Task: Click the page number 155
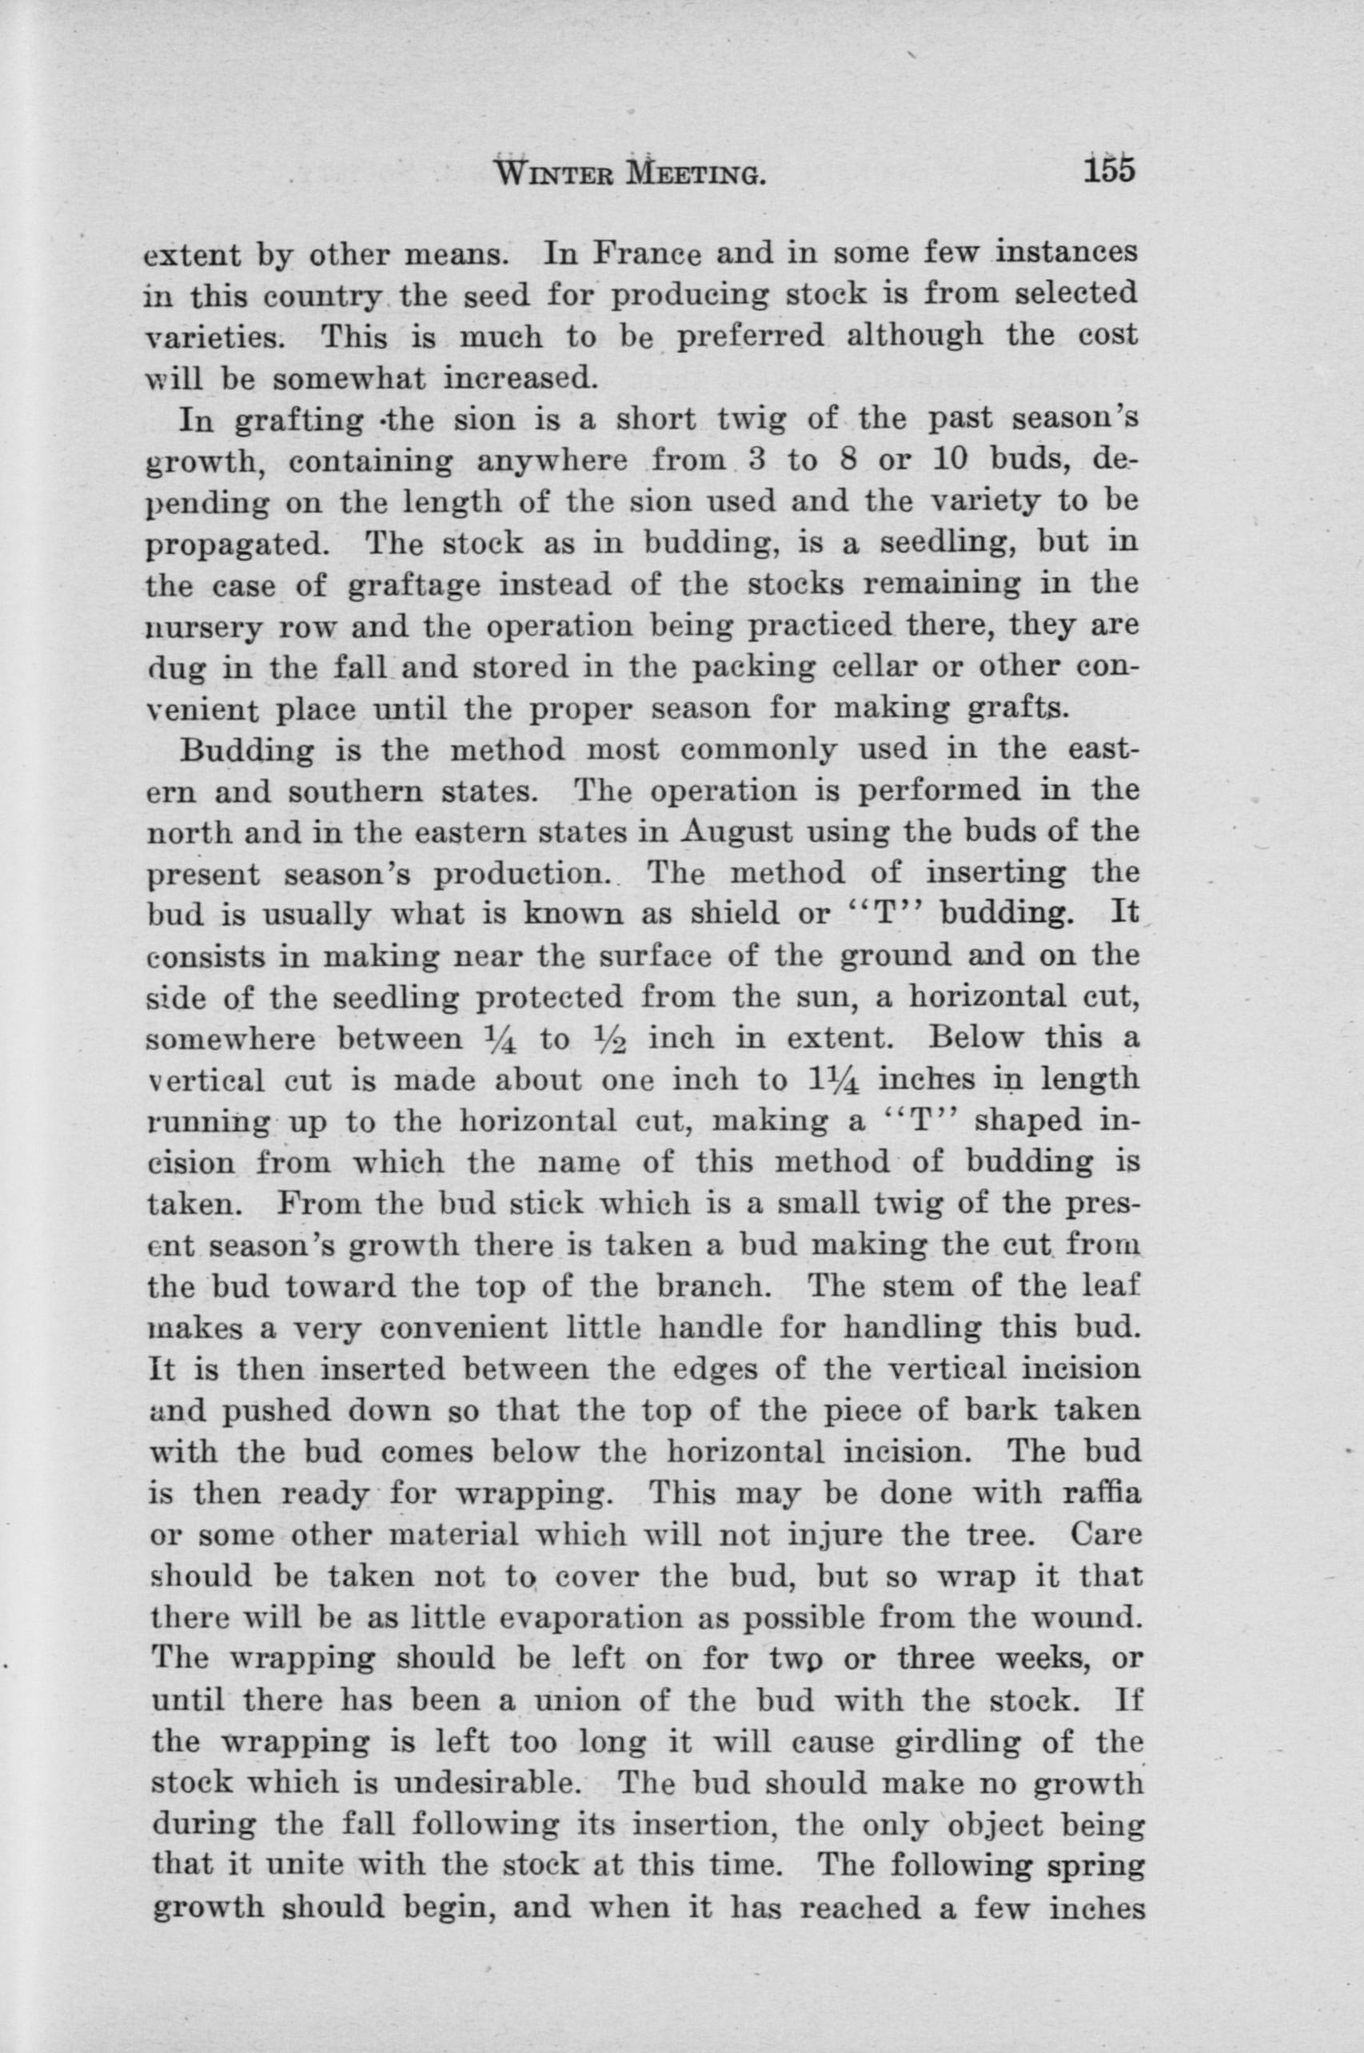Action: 1110,169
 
